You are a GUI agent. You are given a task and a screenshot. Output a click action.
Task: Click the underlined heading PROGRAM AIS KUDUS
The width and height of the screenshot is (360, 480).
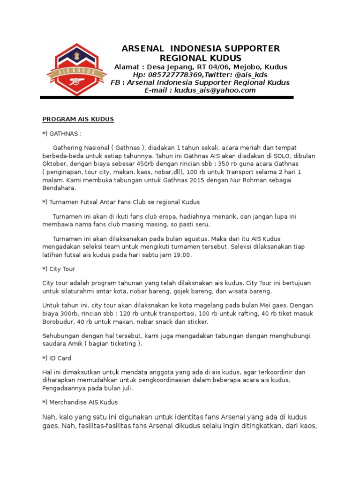pos(78,119)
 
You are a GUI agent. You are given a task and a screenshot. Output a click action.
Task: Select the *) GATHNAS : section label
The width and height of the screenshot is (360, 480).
pos(62,134)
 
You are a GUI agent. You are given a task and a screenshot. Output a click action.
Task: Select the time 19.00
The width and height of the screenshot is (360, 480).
pos(183,255)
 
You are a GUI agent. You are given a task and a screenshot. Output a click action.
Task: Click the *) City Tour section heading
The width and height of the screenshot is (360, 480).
pos(59,269)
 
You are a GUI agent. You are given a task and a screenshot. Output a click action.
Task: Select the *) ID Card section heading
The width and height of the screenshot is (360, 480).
pos(57,358)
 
